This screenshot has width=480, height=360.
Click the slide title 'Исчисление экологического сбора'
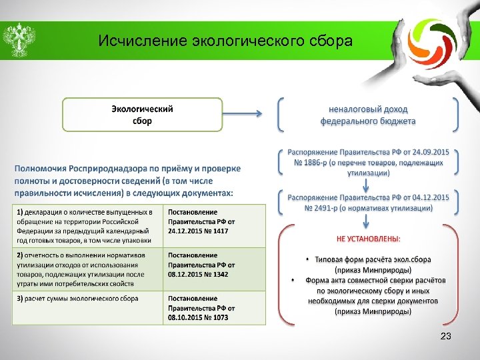225,41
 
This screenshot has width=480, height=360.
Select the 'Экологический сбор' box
141,115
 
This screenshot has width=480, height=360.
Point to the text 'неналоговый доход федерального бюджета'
367,115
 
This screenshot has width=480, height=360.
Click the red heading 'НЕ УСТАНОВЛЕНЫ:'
368,239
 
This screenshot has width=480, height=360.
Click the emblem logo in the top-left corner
18,41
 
